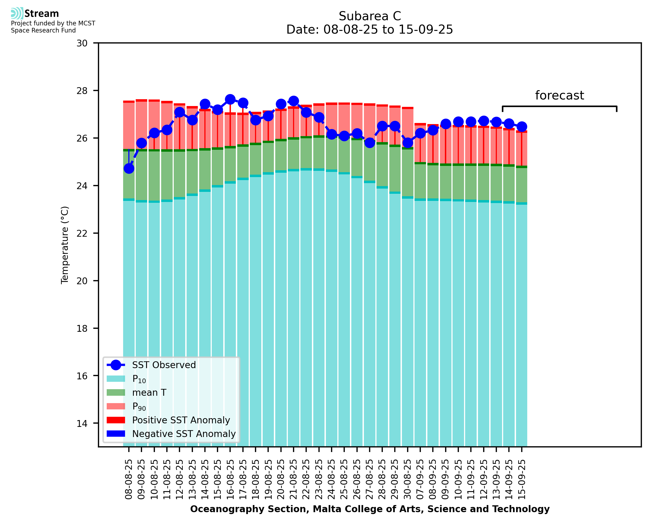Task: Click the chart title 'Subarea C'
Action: click(370, 16)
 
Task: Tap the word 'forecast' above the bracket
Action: click(559, 95)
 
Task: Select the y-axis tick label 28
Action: click(82, 91)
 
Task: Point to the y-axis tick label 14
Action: click(82, 423)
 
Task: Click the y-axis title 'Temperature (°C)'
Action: click(65, 245)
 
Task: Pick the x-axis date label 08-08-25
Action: click(129, 479)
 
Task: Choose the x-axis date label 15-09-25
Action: click(521, 479)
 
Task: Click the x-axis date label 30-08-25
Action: click(407, 479)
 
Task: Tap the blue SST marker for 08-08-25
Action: click(129, 168)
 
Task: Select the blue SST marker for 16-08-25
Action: click(230, 99)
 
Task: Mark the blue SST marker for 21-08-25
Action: click(293, 101)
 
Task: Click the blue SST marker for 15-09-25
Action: click(521, 127)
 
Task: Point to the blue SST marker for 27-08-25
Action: click(369, 142)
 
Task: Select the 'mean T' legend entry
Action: click(149, 392)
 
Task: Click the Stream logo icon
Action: click(17, 13)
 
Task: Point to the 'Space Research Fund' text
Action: click(43, 31)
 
